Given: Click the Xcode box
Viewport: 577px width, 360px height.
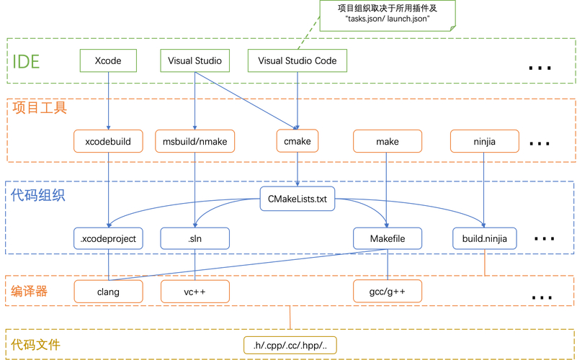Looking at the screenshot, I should pyautogui.click(x=108, y=61).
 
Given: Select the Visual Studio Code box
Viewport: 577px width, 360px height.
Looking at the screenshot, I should pyautogui.click(x=298, y=61).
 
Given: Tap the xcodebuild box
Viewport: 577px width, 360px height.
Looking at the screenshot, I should pyautogui.click(x=108, y=141).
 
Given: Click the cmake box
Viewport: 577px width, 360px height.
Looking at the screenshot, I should pyautogui.click(x=298, y=141).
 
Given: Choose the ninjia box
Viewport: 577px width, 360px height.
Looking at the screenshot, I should pyautogui.click(x=484, y=141).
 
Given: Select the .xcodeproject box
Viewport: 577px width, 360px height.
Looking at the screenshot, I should pyautogui.click(x=109, y=238).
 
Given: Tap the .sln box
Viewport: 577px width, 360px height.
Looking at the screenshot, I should pyautogui.click(x=195, y=238).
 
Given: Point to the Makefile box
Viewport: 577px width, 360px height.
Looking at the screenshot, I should pyautogui.click(x=388, y=238).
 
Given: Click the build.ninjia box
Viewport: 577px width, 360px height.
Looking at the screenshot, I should pyautogui.click(x=485, y=238).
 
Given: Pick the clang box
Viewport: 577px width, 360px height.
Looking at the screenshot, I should pyautogui.click(x=108, y=292).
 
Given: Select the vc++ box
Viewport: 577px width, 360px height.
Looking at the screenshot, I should pyautogui.click(x=195, y=292).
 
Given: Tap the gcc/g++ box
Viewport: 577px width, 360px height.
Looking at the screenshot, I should pyautogui.click(x=388, y=292).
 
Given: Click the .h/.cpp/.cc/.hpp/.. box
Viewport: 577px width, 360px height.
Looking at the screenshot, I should pyautogui.click(x=290, y=346).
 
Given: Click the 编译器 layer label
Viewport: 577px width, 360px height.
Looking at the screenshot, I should pyautogui.click(x=30, y=291).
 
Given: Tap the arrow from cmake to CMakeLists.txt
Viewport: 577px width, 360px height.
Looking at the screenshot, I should pyautogui.click(x=298, y=170).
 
